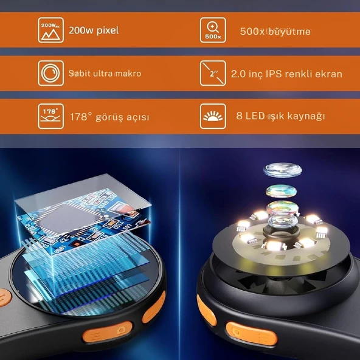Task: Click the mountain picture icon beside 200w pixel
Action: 50,30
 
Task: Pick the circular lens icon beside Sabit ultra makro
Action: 50,73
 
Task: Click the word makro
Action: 128,74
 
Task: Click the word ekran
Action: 328,74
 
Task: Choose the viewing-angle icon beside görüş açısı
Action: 50,116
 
